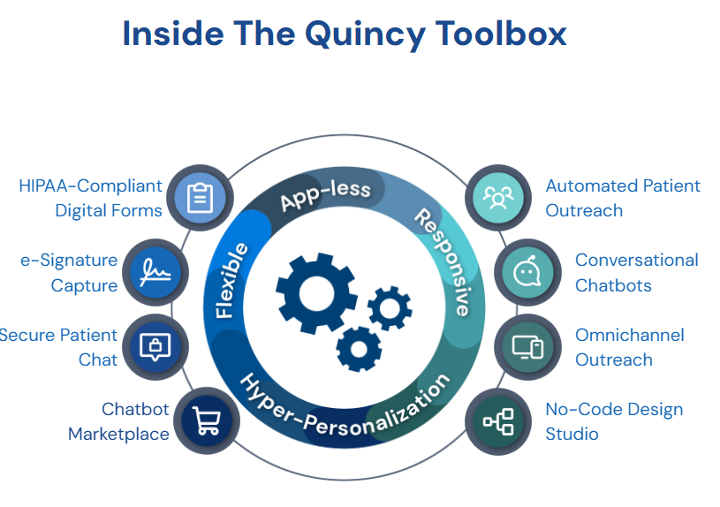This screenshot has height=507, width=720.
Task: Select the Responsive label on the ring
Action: pyautogui.click(x=442, y=261)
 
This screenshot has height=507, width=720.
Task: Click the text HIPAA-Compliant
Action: pyautogui.click(x=91, y=185)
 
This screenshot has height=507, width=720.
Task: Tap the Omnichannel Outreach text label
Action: pyautogui.click(x=629, y=347)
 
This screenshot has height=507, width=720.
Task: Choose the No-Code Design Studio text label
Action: pyautogui.click(x=613, y=421)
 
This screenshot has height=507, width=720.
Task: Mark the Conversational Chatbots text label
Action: pyautogui.click(x=636, y=272)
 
